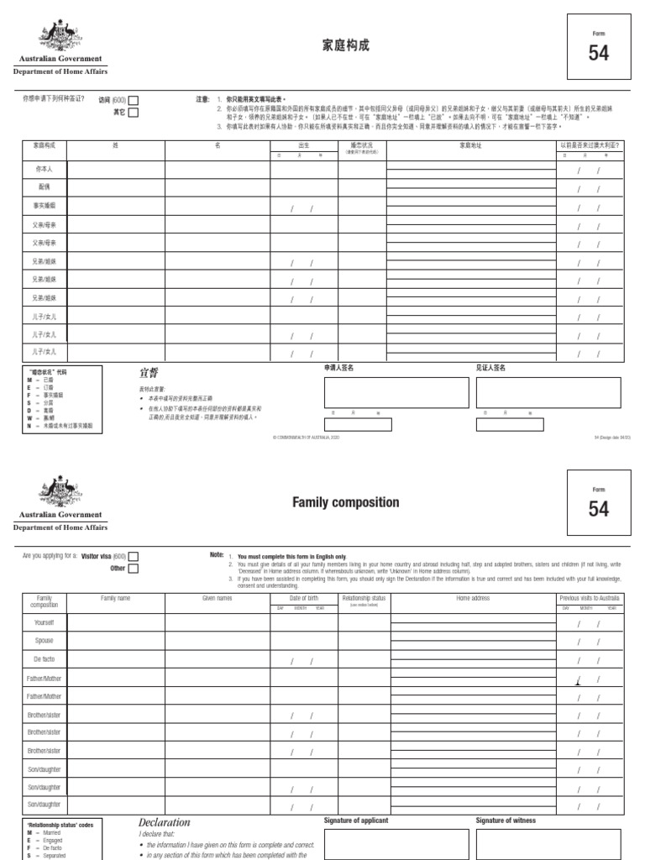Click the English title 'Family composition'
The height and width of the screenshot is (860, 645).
point(333,502)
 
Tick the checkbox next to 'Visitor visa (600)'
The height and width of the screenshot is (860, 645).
point(134,556)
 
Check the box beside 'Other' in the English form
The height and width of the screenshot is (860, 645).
point(134,569)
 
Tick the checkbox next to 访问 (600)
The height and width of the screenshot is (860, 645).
point(134,100)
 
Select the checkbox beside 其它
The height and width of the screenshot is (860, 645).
point(134,112)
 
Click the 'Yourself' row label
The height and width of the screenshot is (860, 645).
point(44,622)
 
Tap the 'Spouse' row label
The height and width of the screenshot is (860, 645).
point(44,641)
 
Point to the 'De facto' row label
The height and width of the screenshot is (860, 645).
point(44,659)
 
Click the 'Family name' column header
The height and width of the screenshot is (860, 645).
point(116,598)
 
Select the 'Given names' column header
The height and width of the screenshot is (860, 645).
point(217,598)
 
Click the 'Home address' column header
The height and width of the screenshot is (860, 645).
point(473,598)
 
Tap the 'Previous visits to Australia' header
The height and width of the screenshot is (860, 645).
point(594,598)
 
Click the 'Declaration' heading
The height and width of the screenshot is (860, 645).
point(165,822)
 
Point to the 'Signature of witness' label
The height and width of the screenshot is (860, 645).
point(506,821)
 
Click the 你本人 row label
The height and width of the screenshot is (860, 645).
point(44,169)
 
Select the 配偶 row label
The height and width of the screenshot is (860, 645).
point(44,187)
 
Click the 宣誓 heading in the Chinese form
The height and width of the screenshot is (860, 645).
point(149,372)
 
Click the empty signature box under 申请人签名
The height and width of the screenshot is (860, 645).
point(396,392)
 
